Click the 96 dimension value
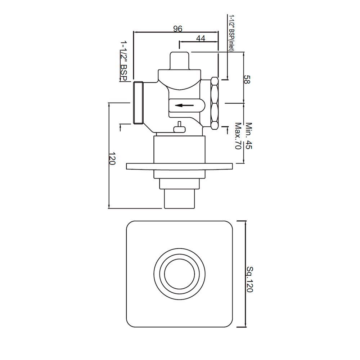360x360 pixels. [177, 29]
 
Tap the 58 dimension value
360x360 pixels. [247, 79]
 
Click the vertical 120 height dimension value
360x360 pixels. [112, 159]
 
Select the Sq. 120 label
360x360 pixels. [249, 279]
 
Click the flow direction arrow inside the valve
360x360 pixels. [184, 105]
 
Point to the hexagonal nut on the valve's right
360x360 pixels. [215, 103]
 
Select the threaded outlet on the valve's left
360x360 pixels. [139, 103]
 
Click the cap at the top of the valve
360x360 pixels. [179, 60]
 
